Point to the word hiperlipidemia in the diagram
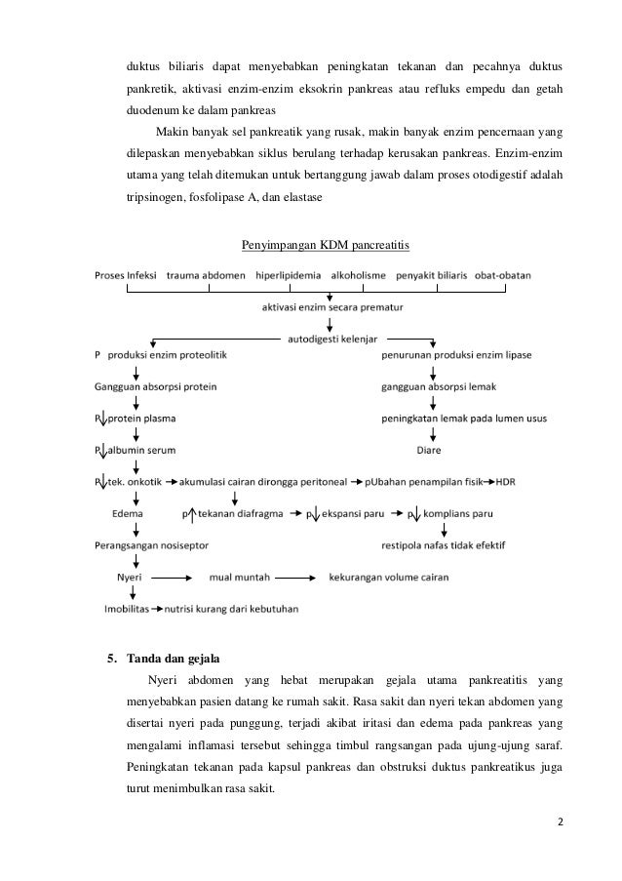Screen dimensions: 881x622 coord(289,275)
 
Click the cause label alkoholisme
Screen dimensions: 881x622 coord(363,275)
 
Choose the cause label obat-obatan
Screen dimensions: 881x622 coord(503,275)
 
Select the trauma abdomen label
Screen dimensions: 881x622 coord(205,275)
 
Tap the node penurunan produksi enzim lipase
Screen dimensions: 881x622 coord(455,355)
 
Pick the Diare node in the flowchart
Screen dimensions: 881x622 coord(430,450)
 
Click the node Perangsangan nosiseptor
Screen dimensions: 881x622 coord(151,544)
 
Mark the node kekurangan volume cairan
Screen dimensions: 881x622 coord(389,578)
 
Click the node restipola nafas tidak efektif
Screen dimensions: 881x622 coord(444,544)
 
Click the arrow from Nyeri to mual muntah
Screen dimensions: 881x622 coord(176,578)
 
